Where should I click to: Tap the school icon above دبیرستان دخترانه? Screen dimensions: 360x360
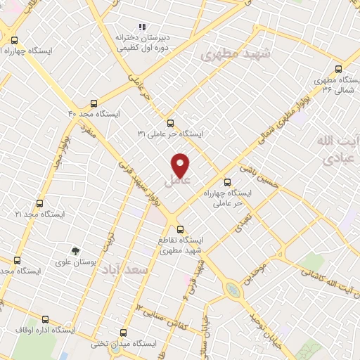tap(142, 27)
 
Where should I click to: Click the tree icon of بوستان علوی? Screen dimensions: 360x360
tap(75, 251)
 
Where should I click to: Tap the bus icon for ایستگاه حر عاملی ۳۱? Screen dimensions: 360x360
tap(169, 123)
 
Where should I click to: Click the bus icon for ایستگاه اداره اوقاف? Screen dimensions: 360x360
tap(44, 319)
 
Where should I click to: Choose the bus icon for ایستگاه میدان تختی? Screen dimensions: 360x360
tap(124, 332)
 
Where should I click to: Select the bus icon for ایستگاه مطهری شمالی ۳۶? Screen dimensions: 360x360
tap(338, 69)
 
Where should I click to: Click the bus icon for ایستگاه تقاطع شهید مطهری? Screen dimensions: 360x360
tap(180, 229)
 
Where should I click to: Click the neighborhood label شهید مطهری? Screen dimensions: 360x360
tap(231, 53)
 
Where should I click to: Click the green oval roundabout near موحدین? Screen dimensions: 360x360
tap(231, 289)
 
